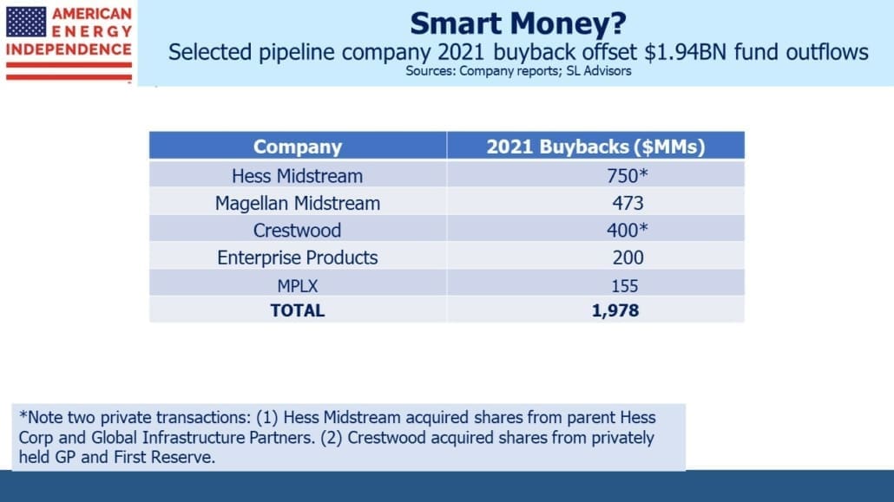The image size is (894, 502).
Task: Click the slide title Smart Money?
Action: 517,24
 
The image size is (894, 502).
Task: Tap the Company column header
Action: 298,147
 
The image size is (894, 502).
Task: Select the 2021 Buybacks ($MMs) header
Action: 595,147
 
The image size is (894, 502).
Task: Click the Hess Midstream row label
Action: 297,176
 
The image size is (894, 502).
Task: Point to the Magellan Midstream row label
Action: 297,204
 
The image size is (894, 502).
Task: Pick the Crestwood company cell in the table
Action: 297,231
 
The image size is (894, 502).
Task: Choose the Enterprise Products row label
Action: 297,258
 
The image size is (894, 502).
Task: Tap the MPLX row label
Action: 297,285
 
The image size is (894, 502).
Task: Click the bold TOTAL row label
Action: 297,310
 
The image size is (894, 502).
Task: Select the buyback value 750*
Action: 628,176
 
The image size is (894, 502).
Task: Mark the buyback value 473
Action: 628,204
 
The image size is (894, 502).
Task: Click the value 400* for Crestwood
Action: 628,231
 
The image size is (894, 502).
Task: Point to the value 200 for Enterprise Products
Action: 628,258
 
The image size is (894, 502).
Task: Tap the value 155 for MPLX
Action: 624,285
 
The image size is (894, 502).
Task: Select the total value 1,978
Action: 615,310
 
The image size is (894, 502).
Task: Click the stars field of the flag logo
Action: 26,22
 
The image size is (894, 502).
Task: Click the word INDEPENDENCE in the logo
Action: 69,49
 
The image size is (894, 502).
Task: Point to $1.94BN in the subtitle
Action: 686,52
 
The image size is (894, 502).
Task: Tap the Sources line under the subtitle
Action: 518,71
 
